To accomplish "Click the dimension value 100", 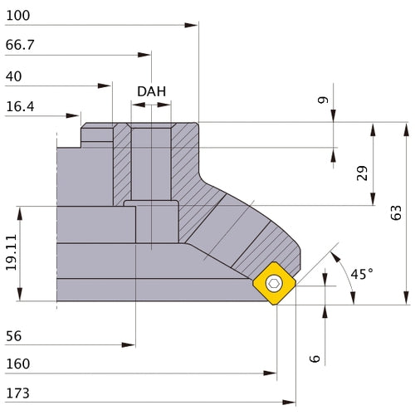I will tap(17, 14).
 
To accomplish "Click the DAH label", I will tap(151, 91).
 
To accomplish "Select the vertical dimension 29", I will tap(362, 173).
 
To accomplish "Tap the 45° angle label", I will tap(361, 274).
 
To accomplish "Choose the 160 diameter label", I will tap(17, 364).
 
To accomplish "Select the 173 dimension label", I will tap(17, 393).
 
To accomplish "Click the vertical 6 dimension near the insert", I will tap(315, 358).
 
